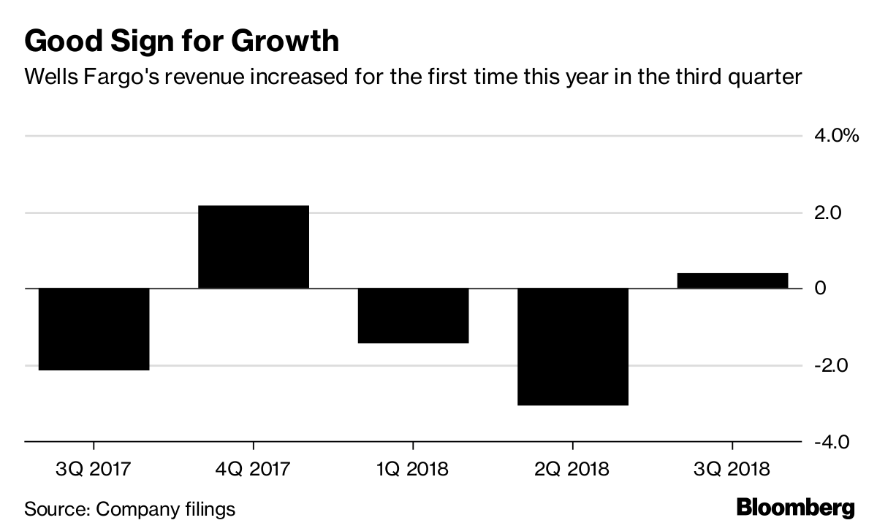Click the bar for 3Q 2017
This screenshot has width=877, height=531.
[94, 329]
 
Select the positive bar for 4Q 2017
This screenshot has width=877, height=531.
[254, 247]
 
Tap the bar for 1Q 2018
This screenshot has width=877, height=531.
[413, 316]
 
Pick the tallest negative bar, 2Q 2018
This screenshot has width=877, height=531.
[572, 346]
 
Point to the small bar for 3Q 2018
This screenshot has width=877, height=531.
[732, 280]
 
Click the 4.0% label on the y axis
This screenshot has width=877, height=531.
[835, 136]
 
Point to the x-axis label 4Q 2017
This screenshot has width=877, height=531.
[253, 468]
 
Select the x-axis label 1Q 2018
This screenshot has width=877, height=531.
[413, 468]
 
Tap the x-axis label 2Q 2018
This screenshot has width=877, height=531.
[572, 468]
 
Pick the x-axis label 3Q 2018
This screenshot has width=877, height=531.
[732, 468]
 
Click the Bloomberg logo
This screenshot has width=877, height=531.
[795, 508]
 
